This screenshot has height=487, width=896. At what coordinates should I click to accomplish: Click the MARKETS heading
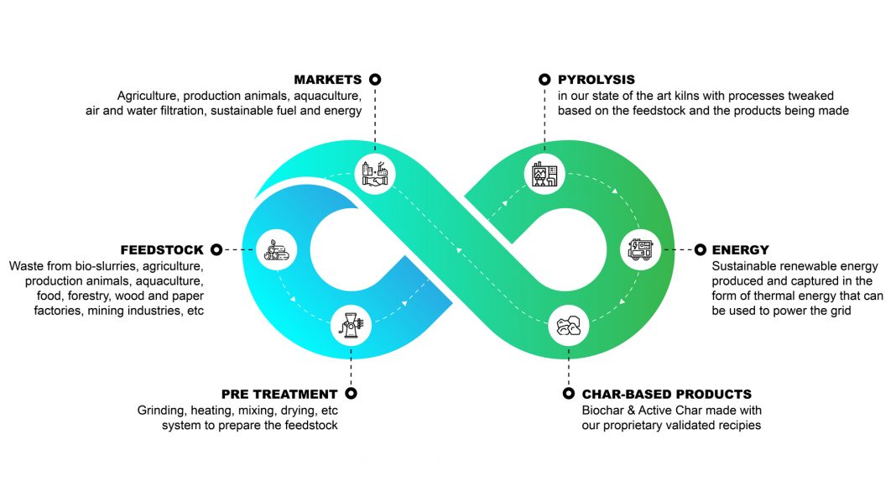[x=327, y=80]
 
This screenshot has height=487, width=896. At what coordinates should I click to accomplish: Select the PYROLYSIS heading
[x=596, y=80]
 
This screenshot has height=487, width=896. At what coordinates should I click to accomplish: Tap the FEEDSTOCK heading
[x=162, y=249]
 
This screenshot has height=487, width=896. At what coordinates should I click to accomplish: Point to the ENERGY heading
[x=740, y=249]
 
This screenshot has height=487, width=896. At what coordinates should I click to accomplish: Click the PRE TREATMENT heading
[x=279, y=394]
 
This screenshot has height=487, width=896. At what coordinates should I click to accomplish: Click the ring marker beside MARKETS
[x=375, y=80]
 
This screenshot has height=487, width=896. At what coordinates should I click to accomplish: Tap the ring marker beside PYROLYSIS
[x=544, y=80]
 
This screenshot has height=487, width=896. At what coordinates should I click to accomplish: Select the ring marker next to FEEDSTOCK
[x=216, y=249]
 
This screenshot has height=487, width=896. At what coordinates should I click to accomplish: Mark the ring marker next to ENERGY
[x=700, y=249]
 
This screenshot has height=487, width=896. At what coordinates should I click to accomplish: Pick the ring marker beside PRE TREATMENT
[x=351, y=393]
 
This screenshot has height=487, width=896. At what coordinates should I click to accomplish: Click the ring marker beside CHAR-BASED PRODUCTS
[x=567, y=393]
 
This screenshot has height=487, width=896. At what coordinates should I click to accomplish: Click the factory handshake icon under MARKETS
[x=374, y=173]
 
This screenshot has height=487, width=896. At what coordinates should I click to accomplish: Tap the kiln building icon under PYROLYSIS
[x=544, y=174]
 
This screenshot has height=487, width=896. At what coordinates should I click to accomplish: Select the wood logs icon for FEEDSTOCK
[x=274, y=249]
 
